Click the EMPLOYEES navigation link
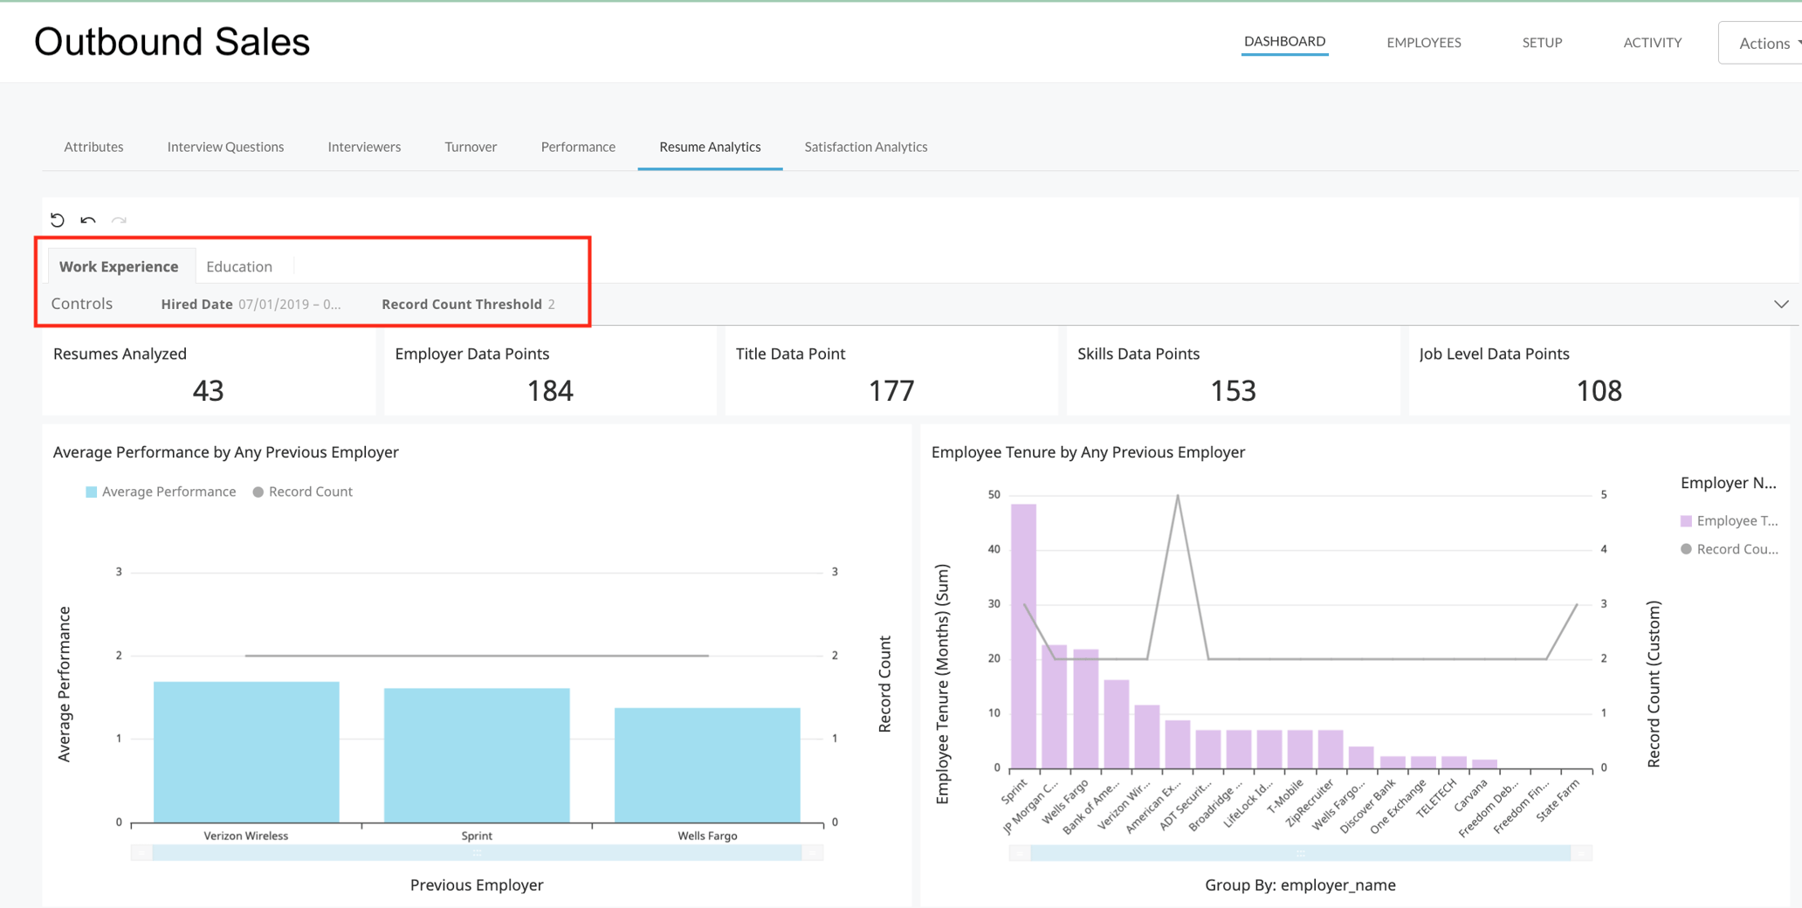click(x=1423, y=42)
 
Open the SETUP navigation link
click(x=1542, y=42)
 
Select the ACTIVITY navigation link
click(x=1652, y=42)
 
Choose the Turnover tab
click(x=471, y=147)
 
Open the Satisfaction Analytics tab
click(x=865, y=147)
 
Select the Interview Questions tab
click(x=225, y=147)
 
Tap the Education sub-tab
click(x=239, y=266)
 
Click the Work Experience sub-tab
click(x=119, y=266)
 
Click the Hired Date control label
click(x=196, y=304)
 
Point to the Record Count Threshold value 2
click(x=551, y=304)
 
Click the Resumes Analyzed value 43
click(x=208, y=390)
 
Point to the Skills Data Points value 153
click(x=1232, y=390)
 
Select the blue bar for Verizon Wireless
click(x=246, y=751)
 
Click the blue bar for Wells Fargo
click(x=707, y=764)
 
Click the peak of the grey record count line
click(x=1178, y=496)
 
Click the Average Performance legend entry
click(x=161, y=492)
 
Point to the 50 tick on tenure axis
click(x=994, y=495)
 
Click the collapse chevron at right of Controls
click(x=1781, y=304)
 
